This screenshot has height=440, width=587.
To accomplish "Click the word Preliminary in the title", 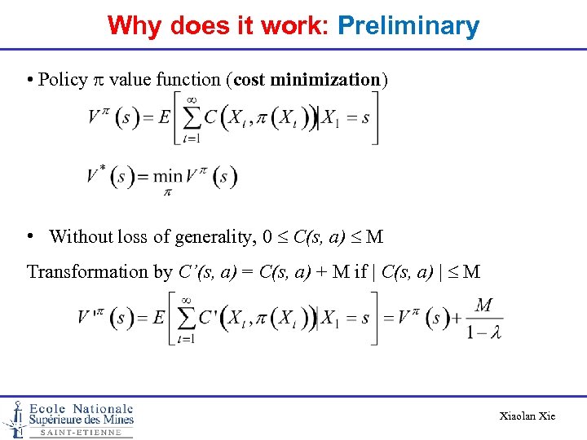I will pos(408,27).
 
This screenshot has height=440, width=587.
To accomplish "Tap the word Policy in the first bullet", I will pos(63,80).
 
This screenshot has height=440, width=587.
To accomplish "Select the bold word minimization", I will pos(324,80).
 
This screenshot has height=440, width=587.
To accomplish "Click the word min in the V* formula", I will pos(168,175).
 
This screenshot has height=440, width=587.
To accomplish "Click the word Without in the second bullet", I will pos(80,237).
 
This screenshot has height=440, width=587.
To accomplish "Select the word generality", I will pos(213,237).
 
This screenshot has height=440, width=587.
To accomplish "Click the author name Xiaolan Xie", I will pos(527,416).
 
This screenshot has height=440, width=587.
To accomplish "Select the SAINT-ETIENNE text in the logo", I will pos(80,433).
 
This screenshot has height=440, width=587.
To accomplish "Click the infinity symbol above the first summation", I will pos(192,99).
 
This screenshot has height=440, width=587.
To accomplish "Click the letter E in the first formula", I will pos(164,118).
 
